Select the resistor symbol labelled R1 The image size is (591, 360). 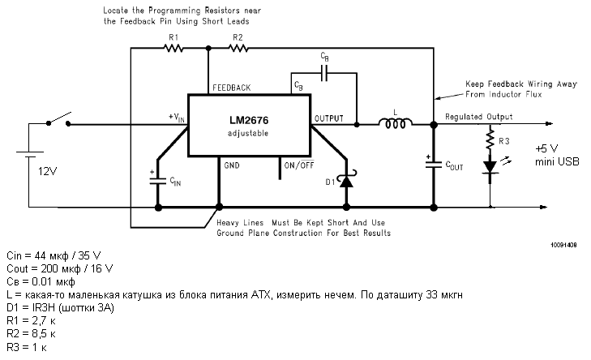173,48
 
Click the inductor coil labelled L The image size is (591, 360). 396,124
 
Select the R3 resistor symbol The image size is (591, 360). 490,141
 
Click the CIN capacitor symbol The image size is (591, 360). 158,179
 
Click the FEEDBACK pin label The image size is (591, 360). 231,88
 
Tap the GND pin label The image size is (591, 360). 233,165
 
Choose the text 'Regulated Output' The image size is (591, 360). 478,117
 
